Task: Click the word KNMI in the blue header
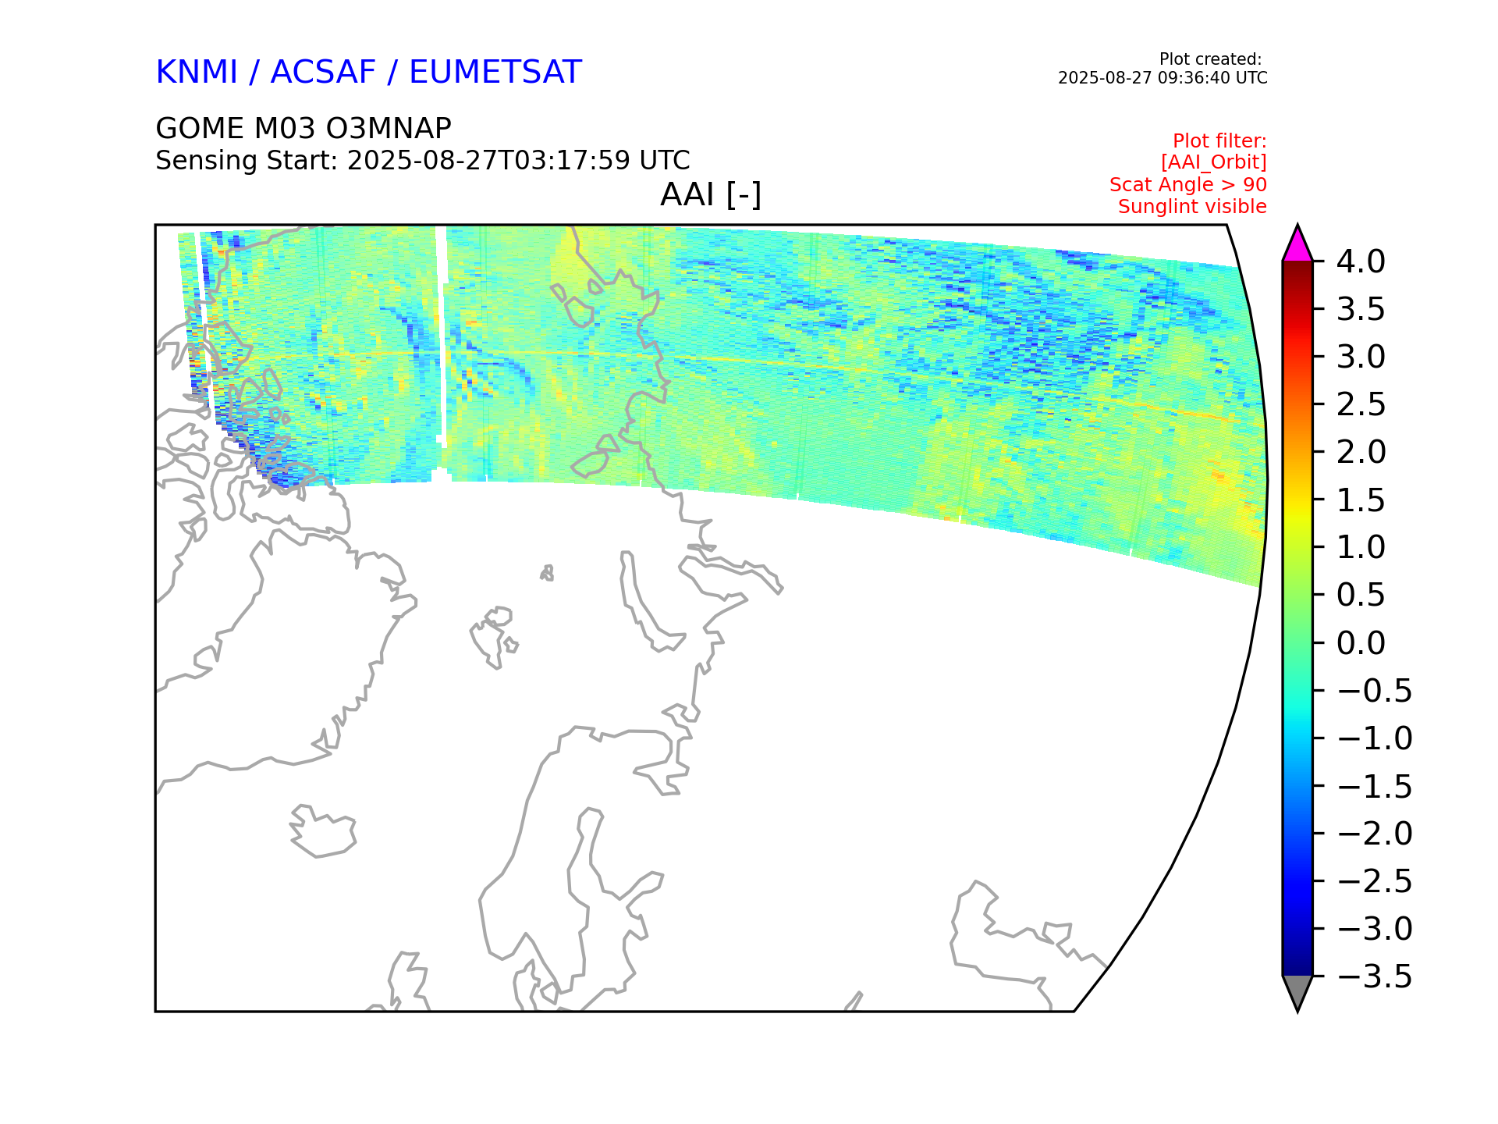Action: tap(197, 72)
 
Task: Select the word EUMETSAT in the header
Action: tap(495, 72)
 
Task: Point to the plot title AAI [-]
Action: tap(711, 194)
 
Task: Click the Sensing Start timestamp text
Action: tap(519, 161)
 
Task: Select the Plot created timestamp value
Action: tap(1163, 78)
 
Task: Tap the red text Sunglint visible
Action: tap(1192, 207)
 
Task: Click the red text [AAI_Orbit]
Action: tap(1214, 162)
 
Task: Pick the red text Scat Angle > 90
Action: tap(1188, 185)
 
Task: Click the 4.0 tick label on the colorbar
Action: tap(1361, 261)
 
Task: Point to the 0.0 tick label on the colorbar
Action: tap(1361, 643)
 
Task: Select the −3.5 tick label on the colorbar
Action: tap(1375, 976)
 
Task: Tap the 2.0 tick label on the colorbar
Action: tap(1361, 452)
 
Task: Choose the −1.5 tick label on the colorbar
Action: tap(1375, 786)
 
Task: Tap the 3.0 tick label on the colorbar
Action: tap(1361, 357)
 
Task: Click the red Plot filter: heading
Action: tap(1219, 141)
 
